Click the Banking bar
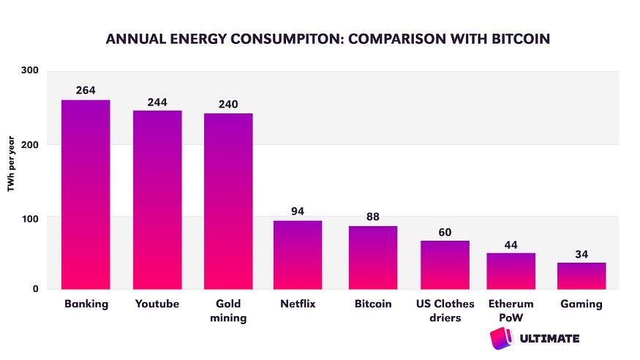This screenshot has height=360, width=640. (x=86, y=194)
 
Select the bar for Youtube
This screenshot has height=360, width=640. (x=157, y=199)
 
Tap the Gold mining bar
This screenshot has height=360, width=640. (x=228, y=200)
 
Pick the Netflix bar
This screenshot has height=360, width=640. (x=298, y=254)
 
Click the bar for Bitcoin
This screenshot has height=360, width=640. (x=372, y=257)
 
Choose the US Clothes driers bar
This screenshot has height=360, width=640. (x=445, y=264)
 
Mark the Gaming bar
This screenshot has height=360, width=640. (x=581, y=275)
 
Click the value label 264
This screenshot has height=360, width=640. (x=86, y=90)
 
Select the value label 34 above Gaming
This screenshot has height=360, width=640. (x=581, y=253)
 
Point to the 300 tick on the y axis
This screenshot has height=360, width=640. (x=30, y=72)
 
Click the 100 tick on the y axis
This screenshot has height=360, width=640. (x=30, y=217)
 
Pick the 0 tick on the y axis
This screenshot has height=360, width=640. (x=35, y=289)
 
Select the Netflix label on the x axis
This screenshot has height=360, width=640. (x=298, y=304)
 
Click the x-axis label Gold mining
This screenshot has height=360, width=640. (x=228, y=311)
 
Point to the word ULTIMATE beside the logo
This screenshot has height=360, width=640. (x=548, y=338)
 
